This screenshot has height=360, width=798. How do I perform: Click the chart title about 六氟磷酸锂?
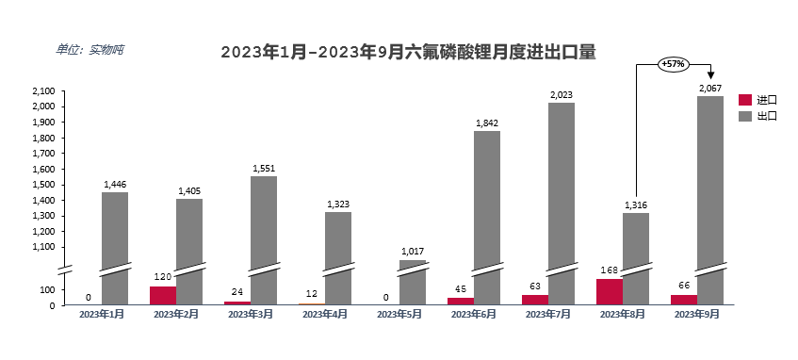tap(408, 52)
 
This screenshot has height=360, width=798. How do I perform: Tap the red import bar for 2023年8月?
tap(610, 291)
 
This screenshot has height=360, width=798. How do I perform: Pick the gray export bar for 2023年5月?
tap(413, 282)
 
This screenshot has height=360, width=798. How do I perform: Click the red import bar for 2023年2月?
tap(163, 295)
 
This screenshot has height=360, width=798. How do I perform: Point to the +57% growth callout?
tap(673, 64)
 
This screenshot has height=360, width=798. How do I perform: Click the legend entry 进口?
tap(758, 99)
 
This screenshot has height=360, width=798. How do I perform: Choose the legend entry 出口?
tap(758, 116)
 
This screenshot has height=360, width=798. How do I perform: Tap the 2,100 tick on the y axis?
tap(44, 91)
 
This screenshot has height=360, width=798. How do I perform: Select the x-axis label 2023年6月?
tap(473, 314)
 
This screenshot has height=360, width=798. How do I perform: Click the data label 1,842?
tap(487, 123)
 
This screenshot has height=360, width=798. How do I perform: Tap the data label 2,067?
tap(710, 89)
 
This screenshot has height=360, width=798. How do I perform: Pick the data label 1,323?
tap(338, 205)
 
